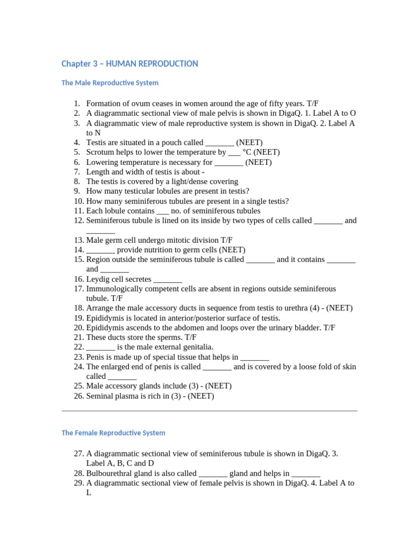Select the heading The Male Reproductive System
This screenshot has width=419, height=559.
(110, 83)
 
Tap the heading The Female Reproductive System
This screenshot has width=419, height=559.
(113, 433)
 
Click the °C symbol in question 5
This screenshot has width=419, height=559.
(247, 152)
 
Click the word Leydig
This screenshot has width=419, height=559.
(98, 279)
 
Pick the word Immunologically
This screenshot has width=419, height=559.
(114, 289)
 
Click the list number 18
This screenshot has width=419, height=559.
(78, 308)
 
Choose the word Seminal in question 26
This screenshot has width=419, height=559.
(100, 396)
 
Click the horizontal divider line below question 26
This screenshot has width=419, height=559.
(209, 411)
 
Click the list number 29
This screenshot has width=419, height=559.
(78, 483)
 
